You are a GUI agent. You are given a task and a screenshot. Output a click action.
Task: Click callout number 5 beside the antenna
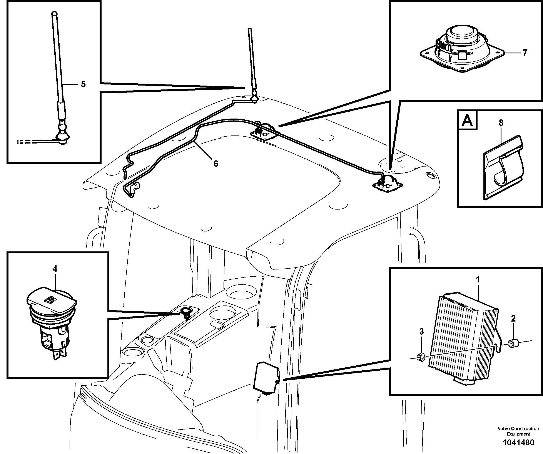(x=83, y=84)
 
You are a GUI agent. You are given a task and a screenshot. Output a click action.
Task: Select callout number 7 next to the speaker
(x=525, y=53)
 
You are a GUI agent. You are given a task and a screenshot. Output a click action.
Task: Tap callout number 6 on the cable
(x=216, y=164)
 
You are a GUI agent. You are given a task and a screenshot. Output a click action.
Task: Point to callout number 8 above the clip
(x=501, y=123)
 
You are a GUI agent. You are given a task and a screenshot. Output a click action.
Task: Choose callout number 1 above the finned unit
(x=478, y=279)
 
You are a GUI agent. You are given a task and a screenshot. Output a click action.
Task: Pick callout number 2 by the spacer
(x=513, y=319)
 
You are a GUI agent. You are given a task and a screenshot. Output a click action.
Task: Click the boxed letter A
(x=467, y=120)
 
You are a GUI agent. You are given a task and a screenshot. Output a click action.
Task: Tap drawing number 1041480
(x=518, y=443)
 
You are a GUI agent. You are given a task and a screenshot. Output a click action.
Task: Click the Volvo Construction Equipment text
(x=518, y=431)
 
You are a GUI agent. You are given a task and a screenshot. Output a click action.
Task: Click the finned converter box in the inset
(x=463, y=338)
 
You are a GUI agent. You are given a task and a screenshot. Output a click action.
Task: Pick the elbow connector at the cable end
(x=135, y=187)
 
